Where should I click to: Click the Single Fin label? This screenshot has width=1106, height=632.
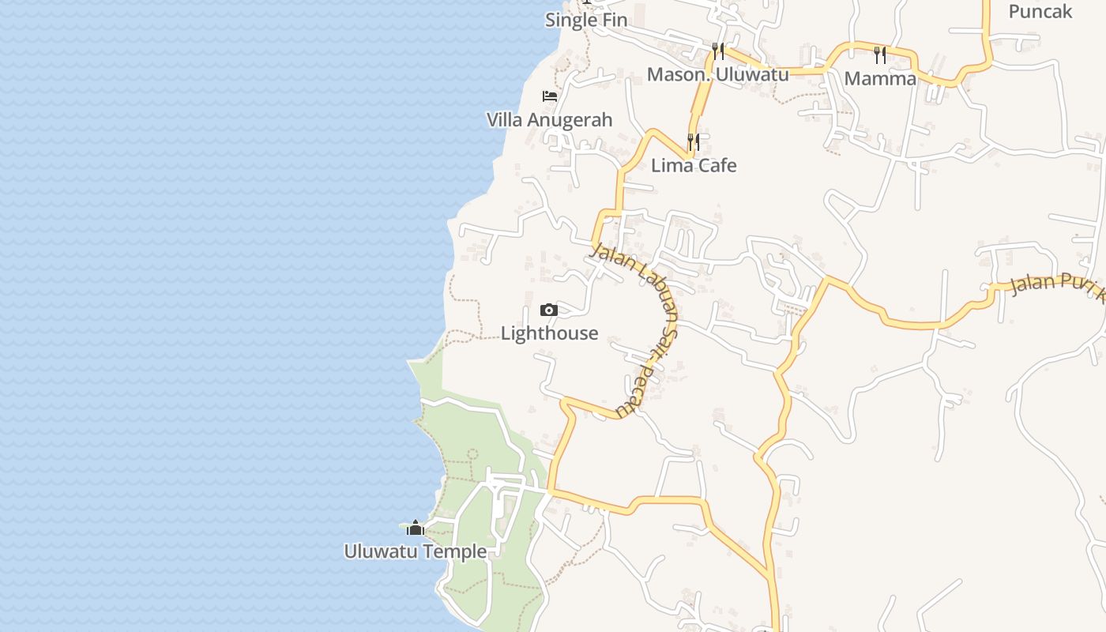click(585, 20)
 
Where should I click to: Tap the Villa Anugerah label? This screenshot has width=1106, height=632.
click(549, 120)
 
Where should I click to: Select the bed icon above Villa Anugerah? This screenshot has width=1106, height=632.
click(550, 96)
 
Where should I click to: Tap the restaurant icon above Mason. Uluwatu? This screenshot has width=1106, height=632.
click(718, 51)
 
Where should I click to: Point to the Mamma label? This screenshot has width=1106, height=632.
click(880, 79)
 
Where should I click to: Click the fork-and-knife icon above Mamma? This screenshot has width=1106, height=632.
click(880, 55)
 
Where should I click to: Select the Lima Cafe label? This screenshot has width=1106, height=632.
click(694, 166)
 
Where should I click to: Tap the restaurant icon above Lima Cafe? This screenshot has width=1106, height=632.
click(694, 142)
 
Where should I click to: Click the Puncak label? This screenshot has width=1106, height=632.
click(1040, 12)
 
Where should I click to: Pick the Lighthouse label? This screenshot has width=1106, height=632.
click(549, 333)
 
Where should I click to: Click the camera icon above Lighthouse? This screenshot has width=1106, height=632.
click(549, 310)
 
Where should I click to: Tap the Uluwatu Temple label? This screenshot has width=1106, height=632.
click(415, 551)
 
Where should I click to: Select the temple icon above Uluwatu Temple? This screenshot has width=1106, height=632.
click(416, 528)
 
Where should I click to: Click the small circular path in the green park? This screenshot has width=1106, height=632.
click(472, 454)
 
